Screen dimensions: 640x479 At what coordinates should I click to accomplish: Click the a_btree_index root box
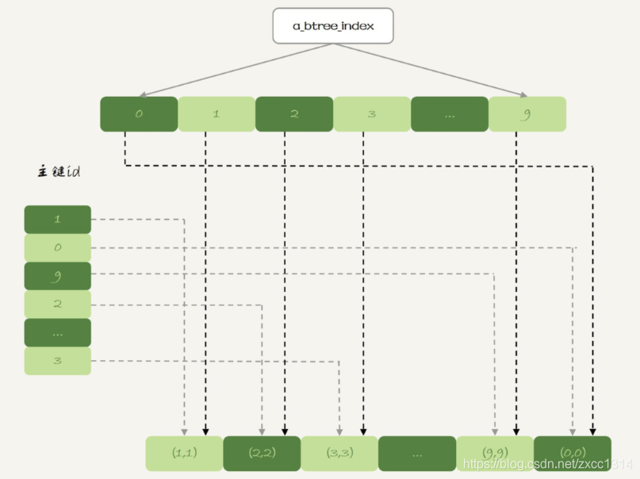(x=333, y=25)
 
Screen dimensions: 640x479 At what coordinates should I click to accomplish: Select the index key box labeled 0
(x=139, y=114)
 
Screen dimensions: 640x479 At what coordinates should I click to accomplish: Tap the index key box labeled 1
(x=217, y=114)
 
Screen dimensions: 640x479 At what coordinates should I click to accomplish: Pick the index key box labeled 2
(x=294, y=114)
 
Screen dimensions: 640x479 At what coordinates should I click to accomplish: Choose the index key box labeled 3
(x=372, y=114)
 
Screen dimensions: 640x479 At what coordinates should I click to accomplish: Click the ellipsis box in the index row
(x=450, y=114)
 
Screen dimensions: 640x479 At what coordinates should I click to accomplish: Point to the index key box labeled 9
(x=527, y=114)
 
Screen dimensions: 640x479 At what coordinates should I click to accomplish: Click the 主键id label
(x=59, y=171)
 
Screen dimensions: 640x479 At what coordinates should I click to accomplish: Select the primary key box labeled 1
(x=58, y=220)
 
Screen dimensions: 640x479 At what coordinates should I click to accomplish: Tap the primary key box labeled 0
(x=58, y=247)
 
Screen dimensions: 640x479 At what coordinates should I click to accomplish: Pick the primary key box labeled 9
(x=58, y=276)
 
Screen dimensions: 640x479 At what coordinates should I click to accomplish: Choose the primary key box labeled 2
(x=58, y=304)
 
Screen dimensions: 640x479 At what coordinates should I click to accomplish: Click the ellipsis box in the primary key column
(x=58, y=332)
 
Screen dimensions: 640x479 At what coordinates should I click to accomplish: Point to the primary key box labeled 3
(x=58, y=361)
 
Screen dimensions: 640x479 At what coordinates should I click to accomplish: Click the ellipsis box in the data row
(x=417, y=454)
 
